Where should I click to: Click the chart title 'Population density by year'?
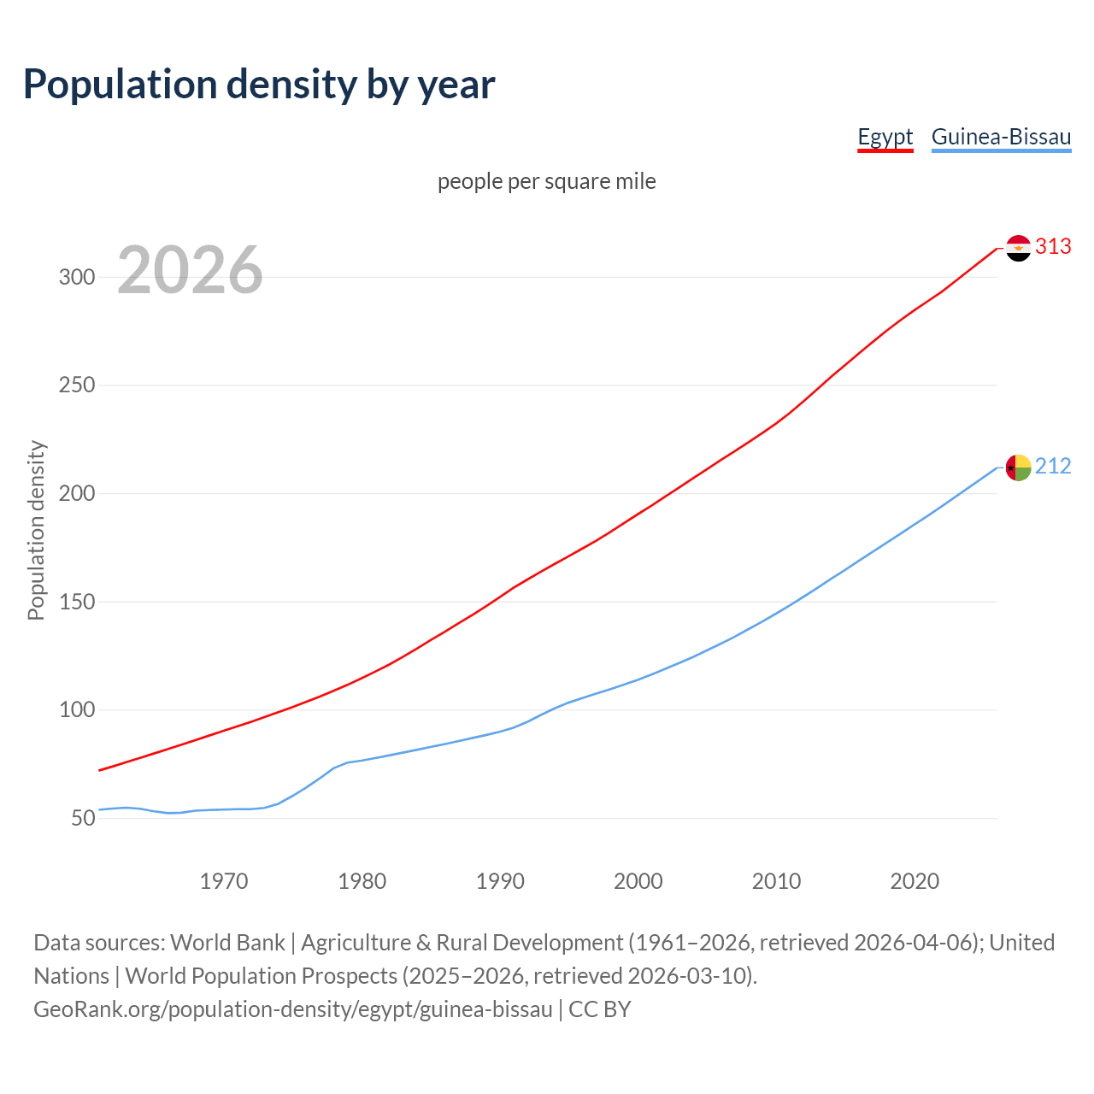click(259, 84)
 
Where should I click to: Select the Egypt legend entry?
click(885, 137)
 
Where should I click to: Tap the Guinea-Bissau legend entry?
click(1001, 137)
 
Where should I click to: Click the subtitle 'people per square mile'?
click(546, 181)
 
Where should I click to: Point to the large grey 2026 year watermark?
click(190, 270)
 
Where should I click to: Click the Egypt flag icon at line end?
click(1018, 248)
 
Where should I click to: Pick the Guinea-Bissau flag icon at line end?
click(1018, 468)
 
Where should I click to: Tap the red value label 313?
click(1053, 247)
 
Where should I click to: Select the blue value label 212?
click(1053, 466)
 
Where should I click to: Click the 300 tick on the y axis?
click(76, 277)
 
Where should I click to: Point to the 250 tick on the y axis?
click(76, 385)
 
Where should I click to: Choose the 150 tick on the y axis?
click(76, 602)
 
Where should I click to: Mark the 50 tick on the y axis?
click(83, 818)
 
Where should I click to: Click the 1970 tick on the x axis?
click(224, 881)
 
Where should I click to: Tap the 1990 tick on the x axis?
click(500, 881)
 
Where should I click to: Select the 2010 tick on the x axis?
click(776, 881)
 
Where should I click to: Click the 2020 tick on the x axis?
click(915, 881)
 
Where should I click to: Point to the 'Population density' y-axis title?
click(36, 530)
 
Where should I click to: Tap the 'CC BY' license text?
click(600, 1009)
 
